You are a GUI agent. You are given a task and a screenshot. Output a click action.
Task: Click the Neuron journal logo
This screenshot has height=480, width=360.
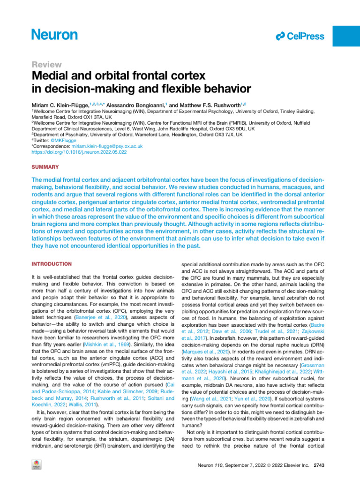click(54, 34)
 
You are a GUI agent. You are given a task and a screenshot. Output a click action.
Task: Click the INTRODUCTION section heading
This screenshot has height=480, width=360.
click(52, 264)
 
